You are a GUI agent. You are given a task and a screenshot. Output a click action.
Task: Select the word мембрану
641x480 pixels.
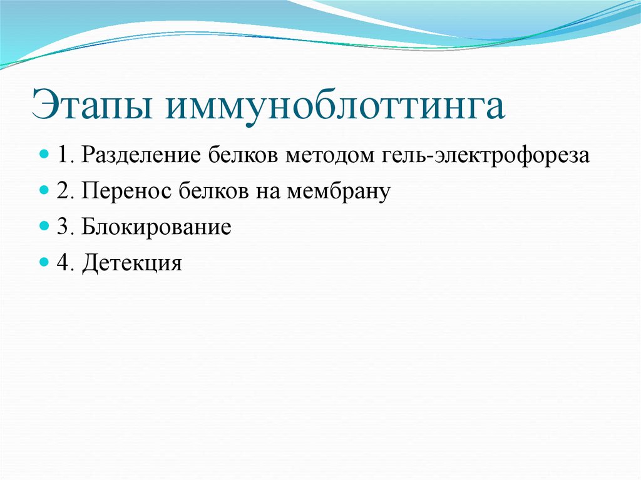[339, 191]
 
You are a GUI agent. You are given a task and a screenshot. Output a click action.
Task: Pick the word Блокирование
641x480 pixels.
[156, 227]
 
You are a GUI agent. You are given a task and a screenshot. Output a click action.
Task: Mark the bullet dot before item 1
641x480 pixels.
[44, 155]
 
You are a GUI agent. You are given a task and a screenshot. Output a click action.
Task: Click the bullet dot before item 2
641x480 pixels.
[44, 190]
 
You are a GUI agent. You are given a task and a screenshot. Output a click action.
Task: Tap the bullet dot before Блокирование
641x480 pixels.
[44, 226]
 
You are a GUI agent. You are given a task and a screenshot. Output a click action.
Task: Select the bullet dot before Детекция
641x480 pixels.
[44, 262]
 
